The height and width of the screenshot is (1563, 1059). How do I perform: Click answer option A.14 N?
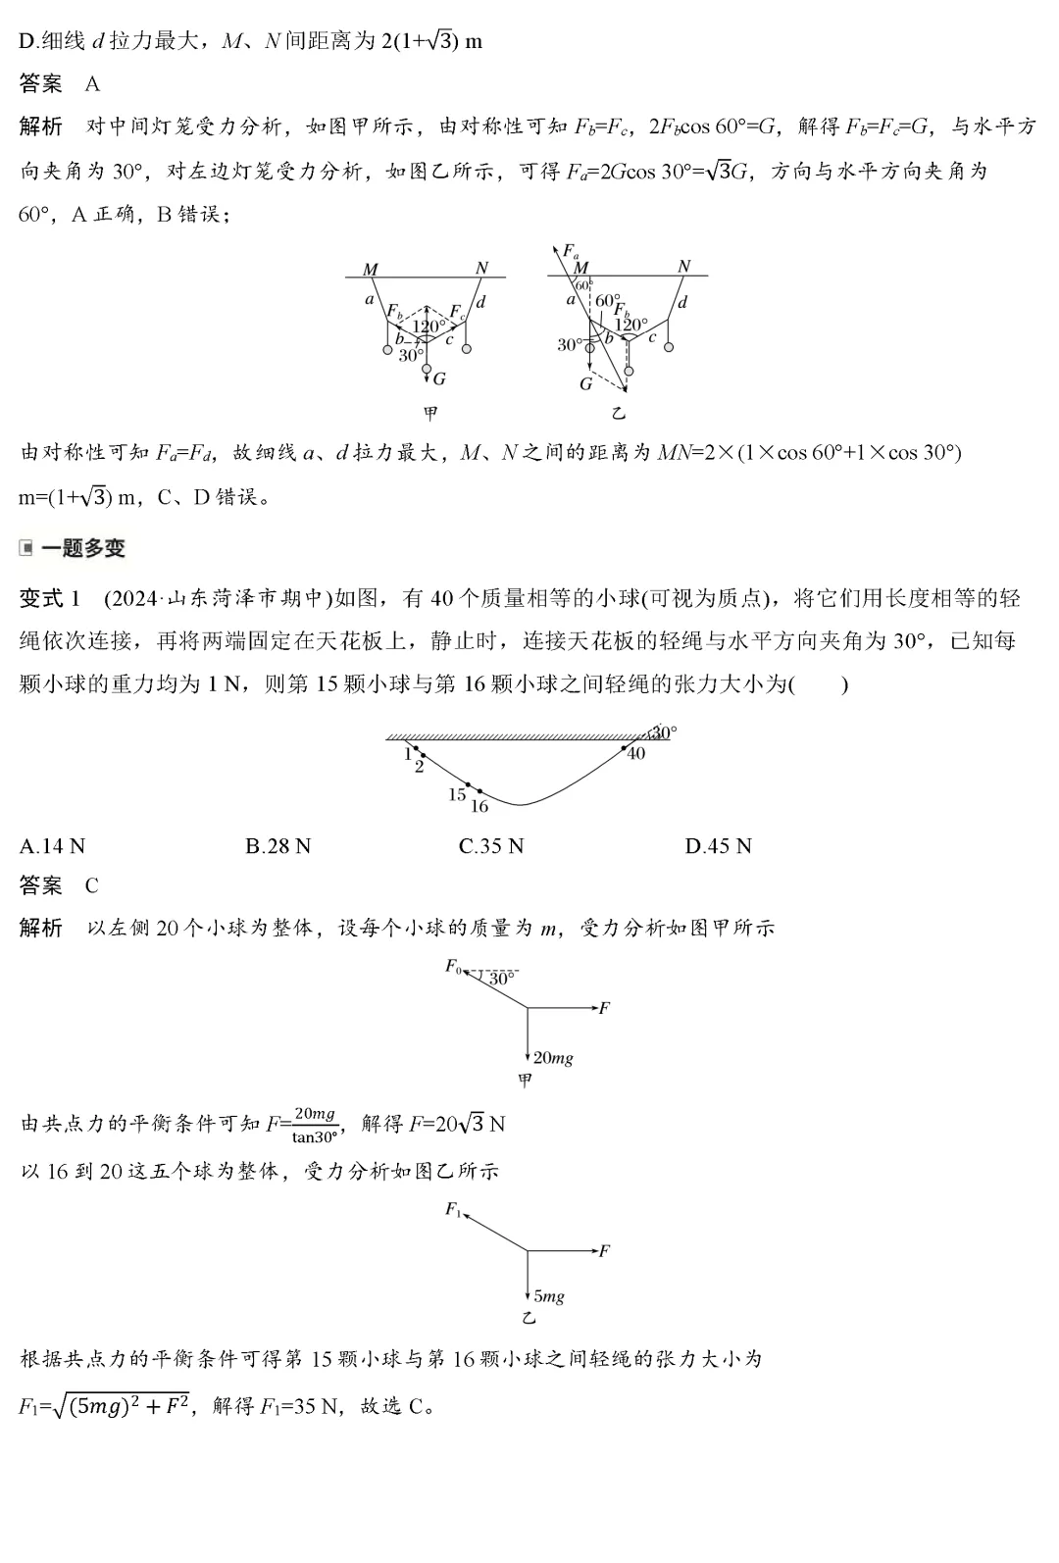pyautogui.click(x=52, y=846)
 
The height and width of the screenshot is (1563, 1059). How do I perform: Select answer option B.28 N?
pyautogui.click(x=277, y=846)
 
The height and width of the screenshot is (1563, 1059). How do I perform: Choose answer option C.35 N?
pyautogui.click(x=491, y=846)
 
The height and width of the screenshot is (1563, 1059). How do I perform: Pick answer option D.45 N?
pyautogui.click(x=718, y=846)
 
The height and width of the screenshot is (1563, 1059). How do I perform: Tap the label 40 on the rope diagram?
pyautogui.click(x=635, y=753)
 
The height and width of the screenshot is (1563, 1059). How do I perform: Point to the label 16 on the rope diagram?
pyautogui.click(x=479, y=806)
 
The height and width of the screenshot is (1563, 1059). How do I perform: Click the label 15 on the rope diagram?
pyautogui.click(x=456, y=794)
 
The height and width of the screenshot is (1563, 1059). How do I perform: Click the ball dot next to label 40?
pyautogui.click(x=624, y=747)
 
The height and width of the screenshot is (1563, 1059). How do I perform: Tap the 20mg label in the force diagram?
pyautogui.click(x=553, y=1058)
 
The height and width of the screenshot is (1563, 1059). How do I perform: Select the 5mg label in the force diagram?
pyautogui.click(x=549, y=1296)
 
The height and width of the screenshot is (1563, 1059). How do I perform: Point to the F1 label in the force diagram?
pyautogui.click(x=453, y=1209)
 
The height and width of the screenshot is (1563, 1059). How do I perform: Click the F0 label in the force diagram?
pyautogui.click(x=453, y=966)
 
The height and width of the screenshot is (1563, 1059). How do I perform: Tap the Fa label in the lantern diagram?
pyautogui.click(x=568, y=251)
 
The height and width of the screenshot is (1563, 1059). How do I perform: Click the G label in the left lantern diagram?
pyautogui.click(x=438, y=378)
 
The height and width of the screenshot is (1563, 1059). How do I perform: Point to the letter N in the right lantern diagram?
pyautogui.click(x=683, y=266)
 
